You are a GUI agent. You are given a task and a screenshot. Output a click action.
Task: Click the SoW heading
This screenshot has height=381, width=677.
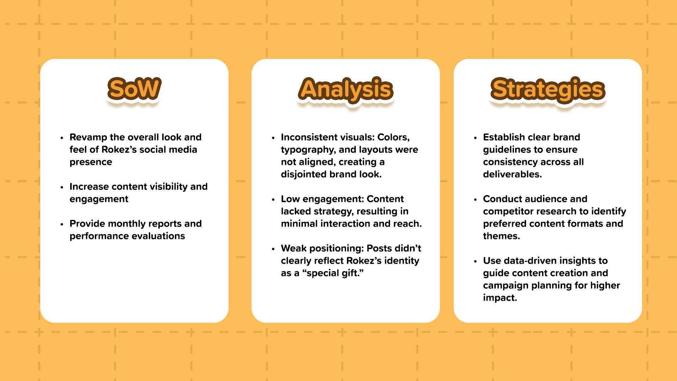[134, 89]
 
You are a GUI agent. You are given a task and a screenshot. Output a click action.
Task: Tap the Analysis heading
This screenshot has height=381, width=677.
[346, 90]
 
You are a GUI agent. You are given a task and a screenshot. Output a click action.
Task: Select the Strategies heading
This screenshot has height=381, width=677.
[548, 90]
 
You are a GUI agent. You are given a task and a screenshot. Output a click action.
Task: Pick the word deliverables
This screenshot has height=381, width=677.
[512, 174]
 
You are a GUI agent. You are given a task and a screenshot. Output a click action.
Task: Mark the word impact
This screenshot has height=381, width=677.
[500, 298]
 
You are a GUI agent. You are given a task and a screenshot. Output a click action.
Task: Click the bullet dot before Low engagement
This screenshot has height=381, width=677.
[273, 200]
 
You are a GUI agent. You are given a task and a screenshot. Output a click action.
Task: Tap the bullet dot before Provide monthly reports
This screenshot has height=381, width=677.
[62, 224]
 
